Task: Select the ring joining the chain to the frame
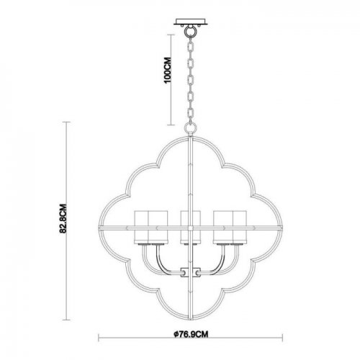(x=190, y=128)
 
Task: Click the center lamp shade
(x=190, y=225)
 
